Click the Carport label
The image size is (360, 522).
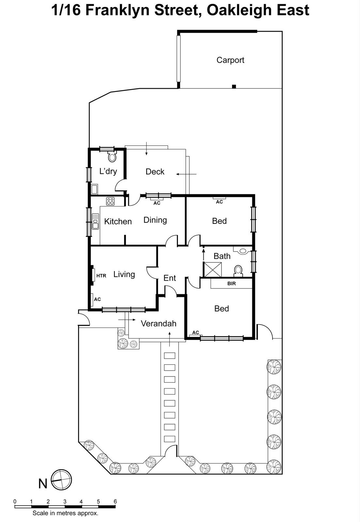230,60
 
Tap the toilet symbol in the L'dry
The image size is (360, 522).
112,158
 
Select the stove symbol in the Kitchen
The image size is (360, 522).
110,201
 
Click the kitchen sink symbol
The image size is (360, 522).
95,221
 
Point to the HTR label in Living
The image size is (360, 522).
101,276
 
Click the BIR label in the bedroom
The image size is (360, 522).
231,284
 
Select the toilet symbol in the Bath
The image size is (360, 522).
238,270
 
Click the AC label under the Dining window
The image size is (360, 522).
157,203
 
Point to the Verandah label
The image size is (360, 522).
158,323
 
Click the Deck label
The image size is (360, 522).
155,172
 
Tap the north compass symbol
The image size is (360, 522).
62,480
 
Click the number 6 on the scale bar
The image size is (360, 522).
115,501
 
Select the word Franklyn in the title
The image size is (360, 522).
118,10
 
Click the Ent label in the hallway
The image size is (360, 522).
169,278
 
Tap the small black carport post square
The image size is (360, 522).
234,86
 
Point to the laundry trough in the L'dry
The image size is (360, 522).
94,189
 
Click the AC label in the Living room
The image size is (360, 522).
97,299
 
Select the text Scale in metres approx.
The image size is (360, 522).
65,513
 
